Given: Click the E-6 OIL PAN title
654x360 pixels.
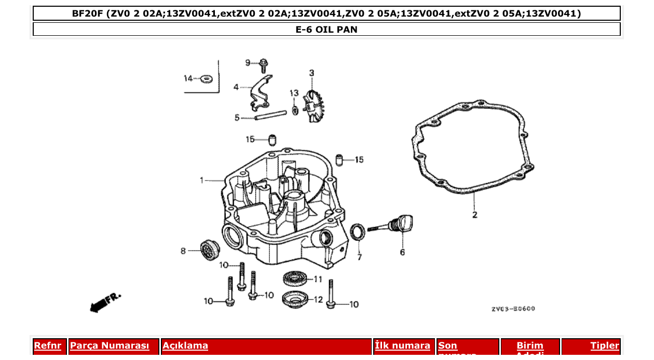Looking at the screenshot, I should pos(326,30).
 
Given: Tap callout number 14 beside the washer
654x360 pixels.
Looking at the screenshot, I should pos(188,78).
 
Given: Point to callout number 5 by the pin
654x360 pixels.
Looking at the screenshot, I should pos(237,118).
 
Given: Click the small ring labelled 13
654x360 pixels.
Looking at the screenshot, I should pos(295,109).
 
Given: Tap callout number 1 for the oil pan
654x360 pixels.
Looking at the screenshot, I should pos(202,181).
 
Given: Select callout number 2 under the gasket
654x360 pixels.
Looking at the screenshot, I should pos(474,214).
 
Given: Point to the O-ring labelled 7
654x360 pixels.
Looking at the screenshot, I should pos(358,232).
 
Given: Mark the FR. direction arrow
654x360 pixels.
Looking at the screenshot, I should pos(105,302).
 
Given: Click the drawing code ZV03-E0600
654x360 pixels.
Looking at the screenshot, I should pos(513,309).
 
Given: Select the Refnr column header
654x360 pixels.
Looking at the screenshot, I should pos(48,346).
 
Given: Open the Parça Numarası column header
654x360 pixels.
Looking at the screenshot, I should pos(110,346).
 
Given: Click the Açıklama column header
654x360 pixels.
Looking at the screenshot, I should pos(185,346).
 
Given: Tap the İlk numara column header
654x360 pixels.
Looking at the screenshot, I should pos(402,346).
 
